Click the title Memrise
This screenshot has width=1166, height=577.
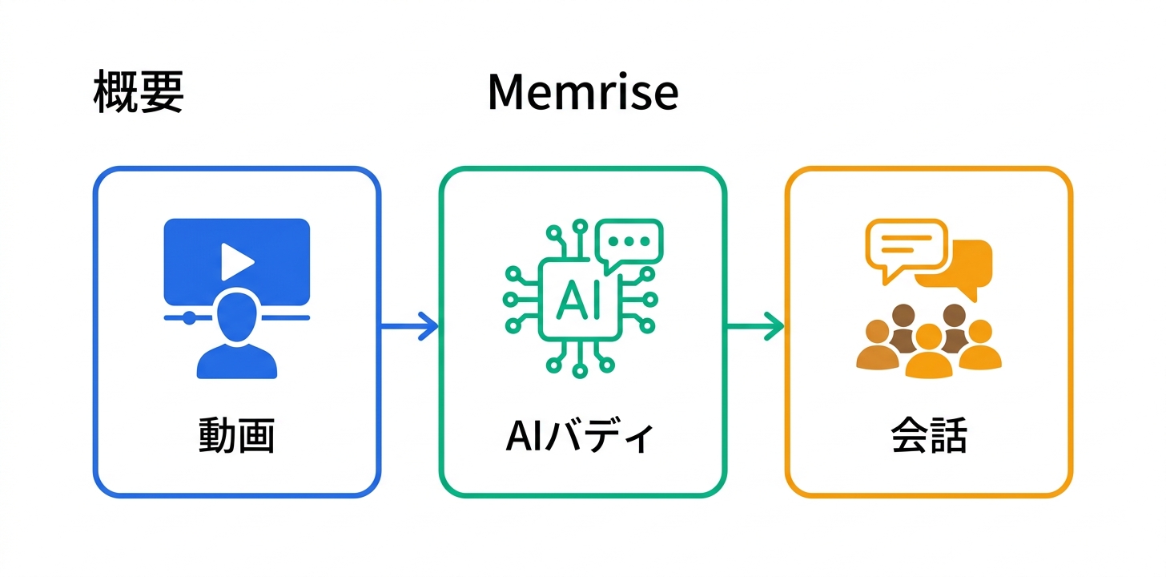point(582,93)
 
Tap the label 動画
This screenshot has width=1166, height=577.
point(236,437)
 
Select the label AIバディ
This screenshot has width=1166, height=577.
point(581,437)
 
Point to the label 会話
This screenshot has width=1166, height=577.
point(928,437)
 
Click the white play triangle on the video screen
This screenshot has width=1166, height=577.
point(237,259)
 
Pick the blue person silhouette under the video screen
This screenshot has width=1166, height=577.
point(237,341)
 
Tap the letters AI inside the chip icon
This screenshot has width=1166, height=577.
point(577,298)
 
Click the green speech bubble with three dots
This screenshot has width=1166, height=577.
point(629,242)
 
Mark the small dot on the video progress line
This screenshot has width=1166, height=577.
point(189,317)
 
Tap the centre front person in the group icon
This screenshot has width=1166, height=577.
point(928,353)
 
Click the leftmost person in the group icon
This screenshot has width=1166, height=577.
point(876,346)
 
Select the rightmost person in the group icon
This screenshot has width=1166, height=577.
point(979,346)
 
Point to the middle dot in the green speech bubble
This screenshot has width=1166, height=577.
point(629,240)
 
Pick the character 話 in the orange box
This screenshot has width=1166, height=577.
point(948,437)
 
